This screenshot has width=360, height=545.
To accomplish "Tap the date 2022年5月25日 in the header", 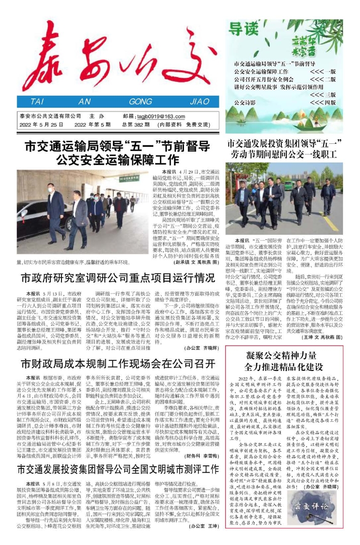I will point(41,125).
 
